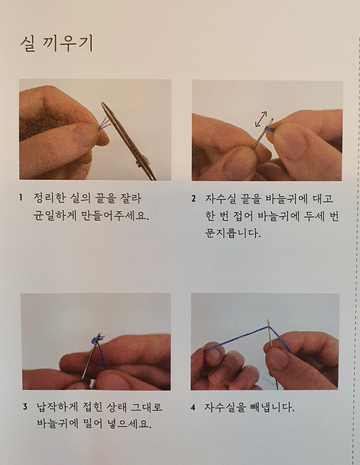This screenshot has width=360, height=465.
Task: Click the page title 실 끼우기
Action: [x=57, y=44]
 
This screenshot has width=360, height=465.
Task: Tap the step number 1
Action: [x=21, y=198]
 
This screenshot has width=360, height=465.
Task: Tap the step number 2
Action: [x=193, y=198]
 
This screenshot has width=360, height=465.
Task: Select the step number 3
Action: [x=25, y=406]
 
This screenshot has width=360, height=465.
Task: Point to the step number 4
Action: [x=193, y=407]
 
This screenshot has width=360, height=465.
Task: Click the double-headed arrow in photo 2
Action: [x=261, y=119]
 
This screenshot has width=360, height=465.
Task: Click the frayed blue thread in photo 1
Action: [x=104, y=124]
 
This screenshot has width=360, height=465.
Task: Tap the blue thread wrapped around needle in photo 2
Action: [x=269, y=129]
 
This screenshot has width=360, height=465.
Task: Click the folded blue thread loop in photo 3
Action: [x=97, y=340]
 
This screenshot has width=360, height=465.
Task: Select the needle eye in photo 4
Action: [x=268, y=324]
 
